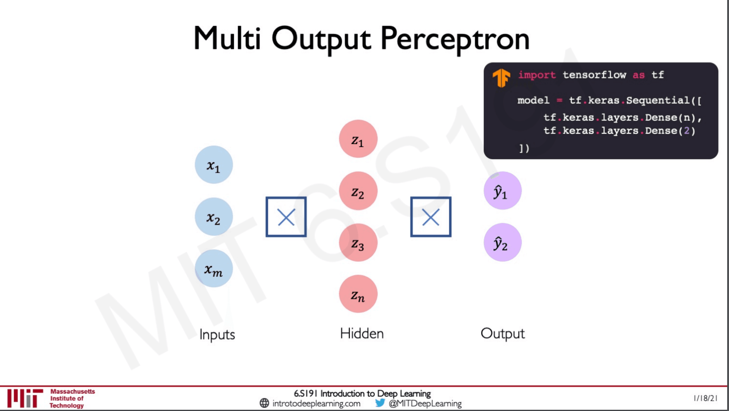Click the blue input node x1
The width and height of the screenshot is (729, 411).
(214, 165)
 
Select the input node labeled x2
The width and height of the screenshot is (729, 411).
(214, 217)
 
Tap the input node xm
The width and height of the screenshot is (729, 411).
(214, 268)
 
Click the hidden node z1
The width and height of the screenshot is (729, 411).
(358, 139)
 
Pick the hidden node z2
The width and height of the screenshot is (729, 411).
(358, 191)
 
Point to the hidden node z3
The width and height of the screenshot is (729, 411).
(358, 242)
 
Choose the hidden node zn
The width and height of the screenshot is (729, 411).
(358, 294)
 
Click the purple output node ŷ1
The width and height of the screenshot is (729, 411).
(503, 191)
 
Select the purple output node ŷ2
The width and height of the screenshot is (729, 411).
(503, 242)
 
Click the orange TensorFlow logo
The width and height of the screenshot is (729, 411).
(501, 78)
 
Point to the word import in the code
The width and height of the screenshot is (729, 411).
(537, 75)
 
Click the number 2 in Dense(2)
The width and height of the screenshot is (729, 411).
(687, 131)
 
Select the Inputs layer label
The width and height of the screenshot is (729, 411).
(217, 335)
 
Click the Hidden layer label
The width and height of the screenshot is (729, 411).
(362, 334)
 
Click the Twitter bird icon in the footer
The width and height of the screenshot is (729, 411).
(380, 403)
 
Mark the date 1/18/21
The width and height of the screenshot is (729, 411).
(705, 398)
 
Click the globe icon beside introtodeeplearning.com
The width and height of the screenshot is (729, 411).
(264, 403)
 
